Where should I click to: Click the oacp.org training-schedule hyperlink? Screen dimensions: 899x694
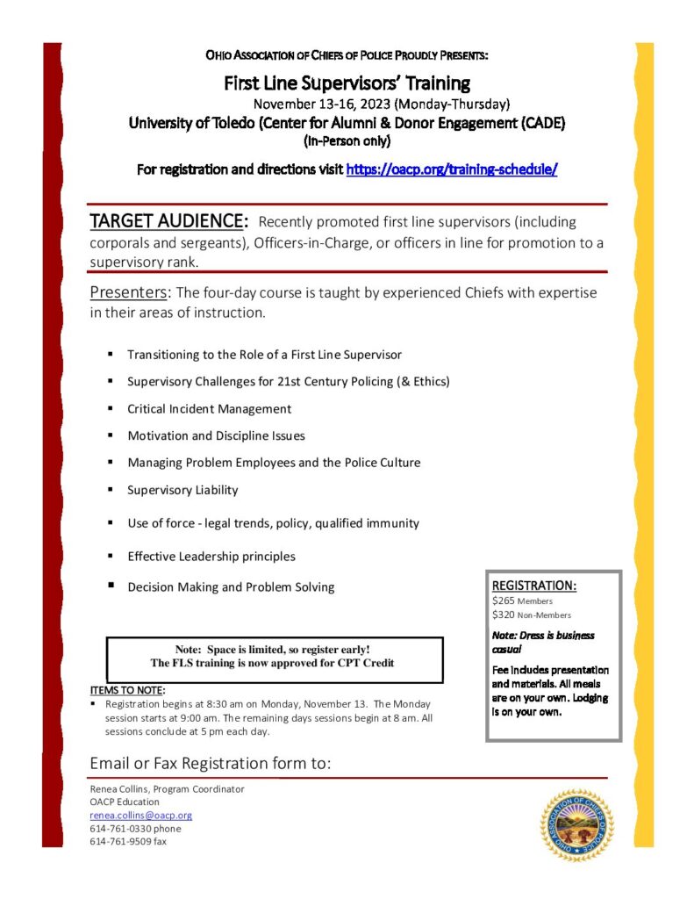pos(452,169)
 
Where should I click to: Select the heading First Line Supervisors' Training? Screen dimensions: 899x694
pos(347,84)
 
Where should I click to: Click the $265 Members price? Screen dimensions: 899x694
pos(522,601)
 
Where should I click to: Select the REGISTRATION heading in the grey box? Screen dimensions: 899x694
pos(533,586)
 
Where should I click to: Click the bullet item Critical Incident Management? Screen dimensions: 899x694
pos(209,409)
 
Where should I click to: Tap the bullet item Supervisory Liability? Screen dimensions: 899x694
pos(182,490)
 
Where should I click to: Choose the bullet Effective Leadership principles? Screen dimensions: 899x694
pos(211,557)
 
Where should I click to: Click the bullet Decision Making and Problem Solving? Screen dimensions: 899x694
pos(231,587)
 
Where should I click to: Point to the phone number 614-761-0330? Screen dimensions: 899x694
pos(135,828)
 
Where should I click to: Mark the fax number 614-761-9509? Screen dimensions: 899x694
pos(128,841)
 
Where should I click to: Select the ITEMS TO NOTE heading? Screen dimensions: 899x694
pos(126,689)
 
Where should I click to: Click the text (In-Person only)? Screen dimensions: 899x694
pos(347,140)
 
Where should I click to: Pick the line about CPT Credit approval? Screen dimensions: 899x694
pos(273,663)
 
